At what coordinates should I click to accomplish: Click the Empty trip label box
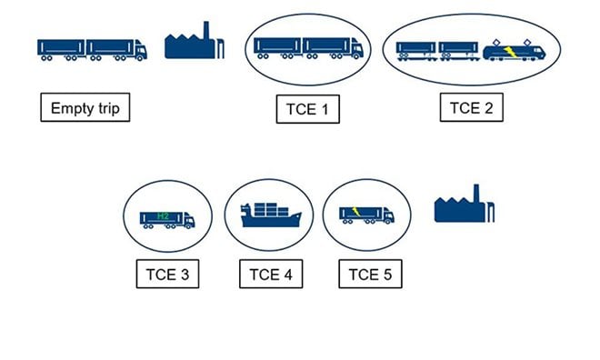click(x=85, y=108)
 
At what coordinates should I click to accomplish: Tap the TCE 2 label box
click(x=471, y=108)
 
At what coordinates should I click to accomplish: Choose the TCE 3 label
click(x=166, y=274)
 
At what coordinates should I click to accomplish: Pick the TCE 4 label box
click(x=270, y=274)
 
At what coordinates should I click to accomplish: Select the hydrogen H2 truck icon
click(x=166, y=218)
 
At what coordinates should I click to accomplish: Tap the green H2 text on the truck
click(x=164, y=215)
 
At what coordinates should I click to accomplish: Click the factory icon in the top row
click(x=194, y=43)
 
